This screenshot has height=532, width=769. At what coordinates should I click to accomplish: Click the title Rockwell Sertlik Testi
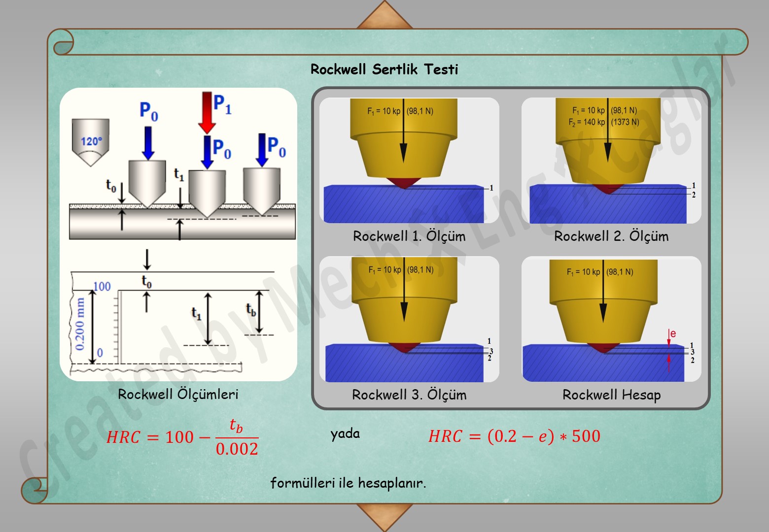[x=384, y=69]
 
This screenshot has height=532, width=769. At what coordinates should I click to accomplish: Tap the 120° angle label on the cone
[x=91, y=142]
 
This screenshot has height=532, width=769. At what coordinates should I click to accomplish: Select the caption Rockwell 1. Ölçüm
[x=409, y=236]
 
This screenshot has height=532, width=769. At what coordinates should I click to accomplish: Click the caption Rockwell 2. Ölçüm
[x=611, y=236]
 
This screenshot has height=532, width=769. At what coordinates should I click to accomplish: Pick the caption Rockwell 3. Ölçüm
[x=409, y=395]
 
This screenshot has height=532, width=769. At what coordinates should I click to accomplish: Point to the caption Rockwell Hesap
[x=611, y=395]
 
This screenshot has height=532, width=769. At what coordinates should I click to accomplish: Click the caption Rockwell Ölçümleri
[x=178, y=394]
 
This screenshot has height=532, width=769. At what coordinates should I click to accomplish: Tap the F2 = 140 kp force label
[x=587, y=122]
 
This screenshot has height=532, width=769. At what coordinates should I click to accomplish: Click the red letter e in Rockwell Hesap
[x=673, y=333]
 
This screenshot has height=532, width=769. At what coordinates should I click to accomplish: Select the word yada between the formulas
[x=345, y=434]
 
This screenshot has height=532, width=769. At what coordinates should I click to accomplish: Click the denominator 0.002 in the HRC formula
[x=237, y=449]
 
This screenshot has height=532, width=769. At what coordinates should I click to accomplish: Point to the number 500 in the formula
[x=586, y=436]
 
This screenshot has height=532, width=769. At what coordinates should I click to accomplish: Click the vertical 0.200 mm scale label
[x=80, y=324]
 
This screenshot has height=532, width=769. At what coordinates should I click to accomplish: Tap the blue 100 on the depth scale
[x=102, y=286]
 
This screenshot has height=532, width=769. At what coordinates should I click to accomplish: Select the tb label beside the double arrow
[x=251, y=310]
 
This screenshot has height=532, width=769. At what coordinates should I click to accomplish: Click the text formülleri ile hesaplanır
[x=348, y=483]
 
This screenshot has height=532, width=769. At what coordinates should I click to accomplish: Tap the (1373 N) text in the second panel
[x=625, y=122]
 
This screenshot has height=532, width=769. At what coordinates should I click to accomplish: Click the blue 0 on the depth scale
[x=100, y=353]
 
